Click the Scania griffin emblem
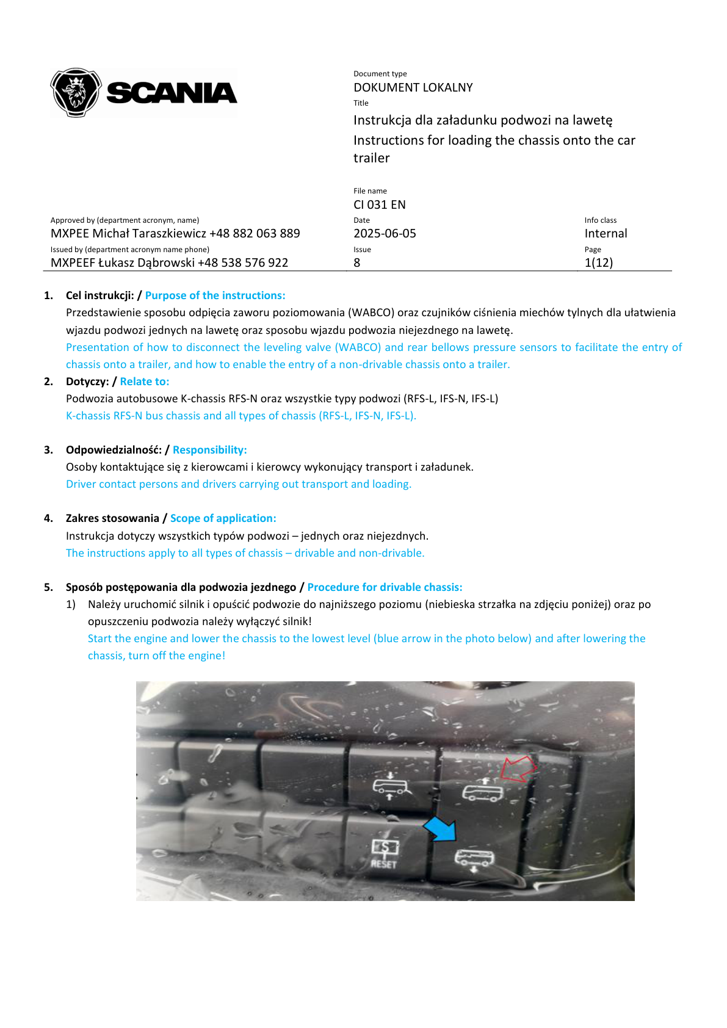coord(76,92)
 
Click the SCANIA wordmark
coord(172,93)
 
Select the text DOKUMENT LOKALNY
coord(413,87)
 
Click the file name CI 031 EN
coord(379,205)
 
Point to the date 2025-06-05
coord(385,233)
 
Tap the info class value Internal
coord(606,233)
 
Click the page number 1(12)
coord(598,262)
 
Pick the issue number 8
coord(357,262)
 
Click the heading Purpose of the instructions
coord(215,295)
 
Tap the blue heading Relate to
coord(145,382)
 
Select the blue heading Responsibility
coord(209,450)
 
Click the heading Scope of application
coord(223,518)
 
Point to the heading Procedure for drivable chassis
coord(385,587)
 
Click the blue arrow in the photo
coord(441,828)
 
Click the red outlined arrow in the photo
coord(518,768)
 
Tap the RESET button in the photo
coord(384,853)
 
